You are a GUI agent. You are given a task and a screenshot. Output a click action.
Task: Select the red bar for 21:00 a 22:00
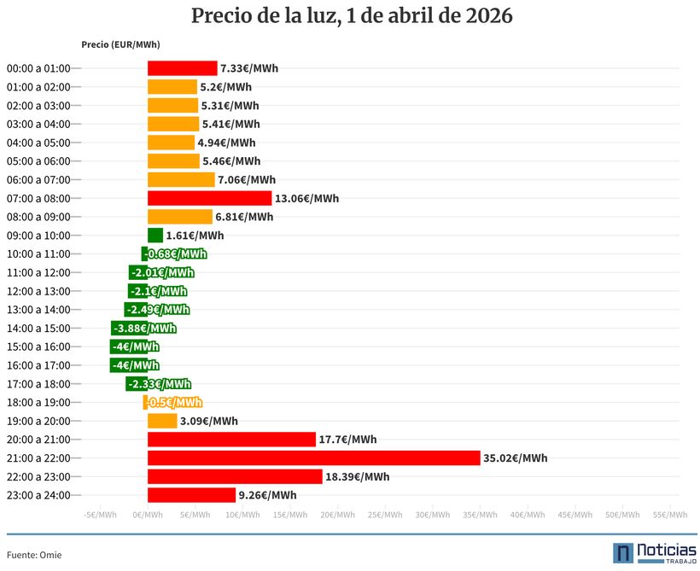313,458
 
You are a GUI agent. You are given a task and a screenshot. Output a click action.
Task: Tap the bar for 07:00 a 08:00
209,198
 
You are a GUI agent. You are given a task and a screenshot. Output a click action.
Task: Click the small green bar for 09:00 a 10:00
155,236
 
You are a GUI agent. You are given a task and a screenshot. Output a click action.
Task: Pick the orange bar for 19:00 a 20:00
162,421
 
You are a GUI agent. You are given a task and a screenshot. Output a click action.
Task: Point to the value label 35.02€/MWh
515,458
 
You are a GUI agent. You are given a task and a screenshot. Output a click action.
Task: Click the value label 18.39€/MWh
358,477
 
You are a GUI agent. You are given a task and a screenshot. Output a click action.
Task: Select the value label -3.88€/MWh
144,329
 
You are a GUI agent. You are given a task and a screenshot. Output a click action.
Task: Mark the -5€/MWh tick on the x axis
101,515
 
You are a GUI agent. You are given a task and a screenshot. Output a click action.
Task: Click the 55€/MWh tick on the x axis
670,515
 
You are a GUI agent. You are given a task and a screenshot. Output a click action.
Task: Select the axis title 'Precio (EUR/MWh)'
120,44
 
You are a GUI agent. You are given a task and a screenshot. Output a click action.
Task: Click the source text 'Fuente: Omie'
34,555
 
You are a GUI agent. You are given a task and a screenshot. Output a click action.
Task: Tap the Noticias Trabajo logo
654,553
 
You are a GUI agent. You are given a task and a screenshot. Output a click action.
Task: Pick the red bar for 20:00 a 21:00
231,440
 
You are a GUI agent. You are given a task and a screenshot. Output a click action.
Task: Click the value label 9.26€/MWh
268,495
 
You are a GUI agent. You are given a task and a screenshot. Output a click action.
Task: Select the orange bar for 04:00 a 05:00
171,143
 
